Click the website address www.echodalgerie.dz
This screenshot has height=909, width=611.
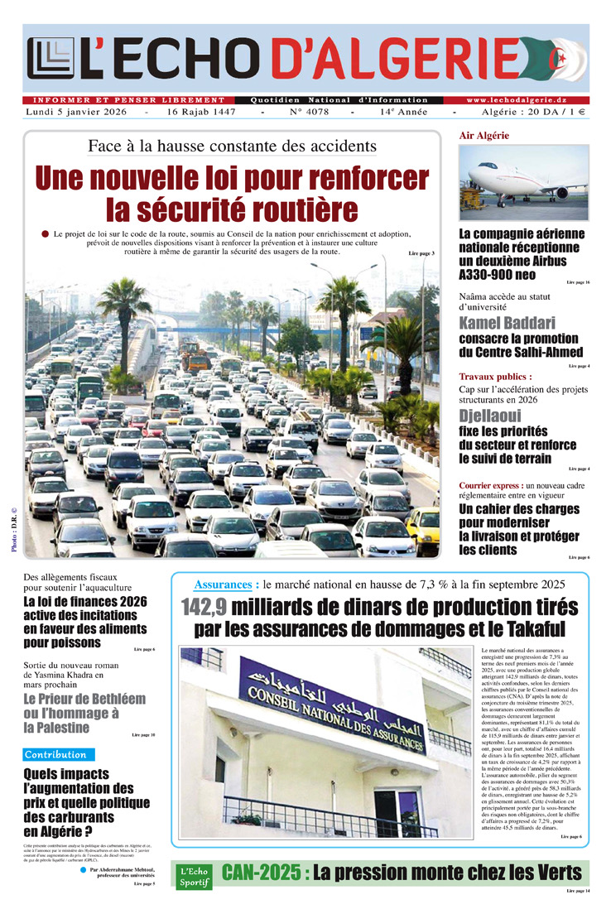click(x=527, y=100)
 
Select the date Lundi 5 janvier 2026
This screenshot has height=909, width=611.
click(x=76, y=112)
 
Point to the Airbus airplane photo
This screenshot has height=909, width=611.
click(x=523, y=182)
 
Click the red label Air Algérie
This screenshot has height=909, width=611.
click(x=484, y=135)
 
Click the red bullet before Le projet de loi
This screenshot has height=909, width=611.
click(x=45, y=234)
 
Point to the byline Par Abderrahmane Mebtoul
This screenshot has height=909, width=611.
click(x=123, y=870)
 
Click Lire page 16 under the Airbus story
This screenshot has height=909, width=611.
click(x=578, y=283)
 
